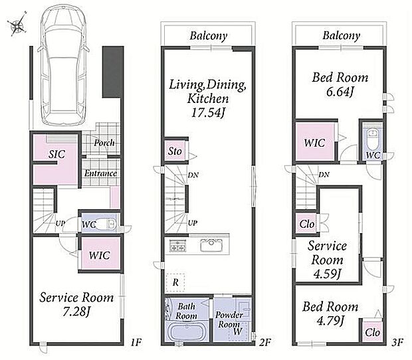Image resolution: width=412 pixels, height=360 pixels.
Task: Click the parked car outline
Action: [64, 65]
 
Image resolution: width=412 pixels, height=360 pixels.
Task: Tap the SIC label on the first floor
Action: [56, 154]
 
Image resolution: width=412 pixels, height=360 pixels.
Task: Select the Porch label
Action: [104, 143]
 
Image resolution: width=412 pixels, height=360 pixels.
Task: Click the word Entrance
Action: [100, 173]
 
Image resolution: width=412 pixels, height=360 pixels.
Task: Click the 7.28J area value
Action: [76, 312]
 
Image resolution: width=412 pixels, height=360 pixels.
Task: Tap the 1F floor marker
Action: [136, 343]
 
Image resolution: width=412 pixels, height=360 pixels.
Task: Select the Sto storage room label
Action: [175, 151]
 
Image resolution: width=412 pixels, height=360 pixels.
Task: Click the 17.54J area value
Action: [207, 113]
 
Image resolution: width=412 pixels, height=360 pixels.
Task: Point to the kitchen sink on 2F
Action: [212, 246]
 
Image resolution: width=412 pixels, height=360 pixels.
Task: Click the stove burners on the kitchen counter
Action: [178, 245]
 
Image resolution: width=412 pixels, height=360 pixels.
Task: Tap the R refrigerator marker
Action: [175, 282]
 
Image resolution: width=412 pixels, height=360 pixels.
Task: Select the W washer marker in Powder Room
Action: [237, 331]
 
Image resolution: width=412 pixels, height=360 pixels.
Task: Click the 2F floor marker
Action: [264, 343]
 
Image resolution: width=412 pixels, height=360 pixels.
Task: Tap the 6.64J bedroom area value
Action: [340, 92]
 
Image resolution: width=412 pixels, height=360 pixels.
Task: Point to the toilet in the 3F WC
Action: [372, 139]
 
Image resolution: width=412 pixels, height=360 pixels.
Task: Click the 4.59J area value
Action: [327, 274]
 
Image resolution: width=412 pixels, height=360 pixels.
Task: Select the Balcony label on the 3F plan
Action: [341, 36]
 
